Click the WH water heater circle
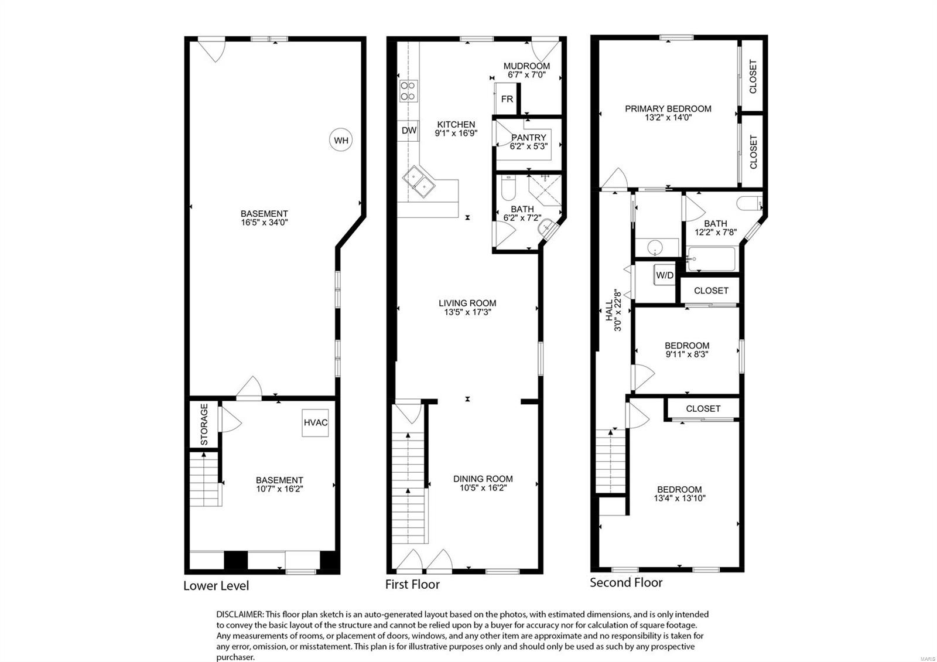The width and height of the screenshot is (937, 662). coord(340,140)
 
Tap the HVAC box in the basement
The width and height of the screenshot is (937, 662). coord(315,422)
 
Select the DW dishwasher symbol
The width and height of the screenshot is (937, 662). coord(408,130)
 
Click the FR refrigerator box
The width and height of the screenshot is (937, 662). coord(507,99)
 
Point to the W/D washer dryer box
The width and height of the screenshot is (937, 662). coord(665,275)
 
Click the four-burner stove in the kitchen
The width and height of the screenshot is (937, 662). coord(408,91)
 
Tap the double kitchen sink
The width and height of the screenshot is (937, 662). coord(419,182)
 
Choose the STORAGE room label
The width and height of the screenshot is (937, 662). coord(204,424)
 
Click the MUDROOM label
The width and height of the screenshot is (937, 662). coord(526,66)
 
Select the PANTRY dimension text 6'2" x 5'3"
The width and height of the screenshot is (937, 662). coord(528,146)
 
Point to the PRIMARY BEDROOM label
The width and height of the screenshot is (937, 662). coord(668,109)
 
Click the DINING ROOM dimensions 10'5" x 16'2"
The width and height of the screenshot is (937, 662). coord(483,488)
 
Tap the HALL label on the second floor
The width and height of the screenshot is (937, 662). coord(609,310)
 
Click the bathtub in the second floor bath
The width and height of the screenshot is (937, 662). coord(712,259)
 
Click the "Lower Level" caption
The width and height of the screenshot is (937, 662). coord(216,585)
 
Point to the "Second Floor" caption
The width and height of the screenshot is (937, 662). coord(626,582)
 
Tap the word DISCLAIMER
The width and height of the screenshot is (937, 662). coord(240,615)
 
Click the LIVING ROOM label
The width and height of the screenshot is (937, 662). coord(467,303)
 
